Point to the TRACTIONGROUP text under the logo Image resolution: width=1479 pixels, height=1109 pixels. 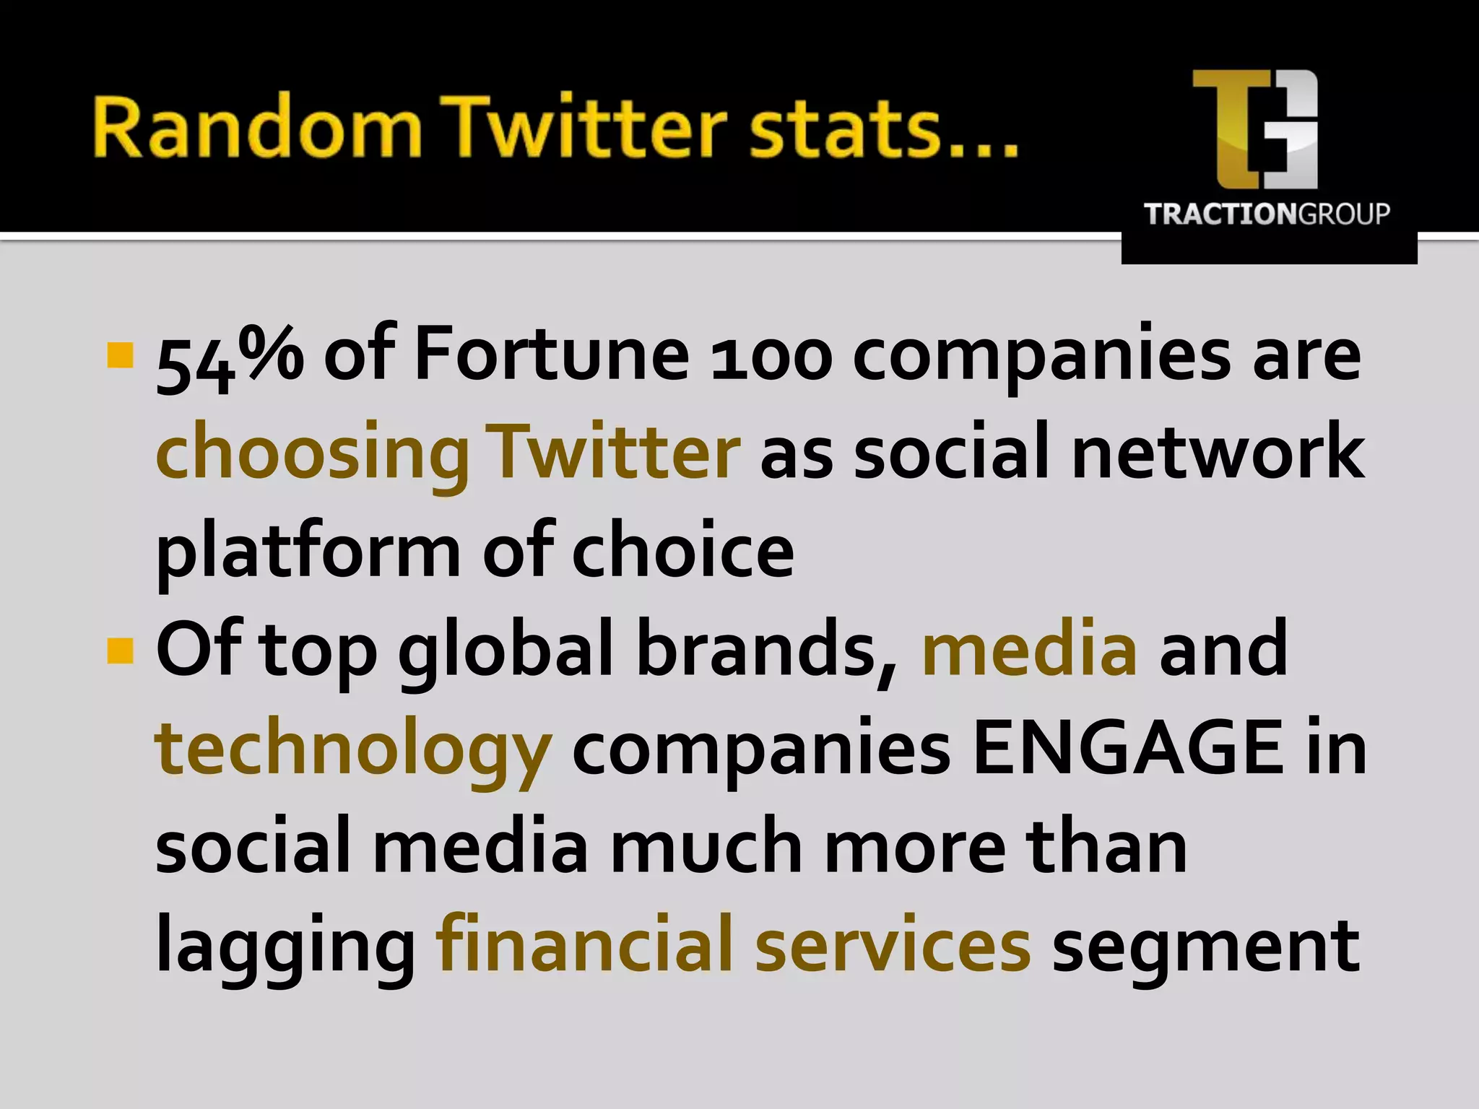1267,214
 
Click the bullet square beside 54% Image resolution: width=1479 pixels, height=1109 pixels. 120,355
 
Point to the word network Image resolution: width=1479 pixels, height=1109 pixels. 1218,451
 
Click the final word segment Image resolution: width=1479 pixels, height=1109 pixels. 1205,946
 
